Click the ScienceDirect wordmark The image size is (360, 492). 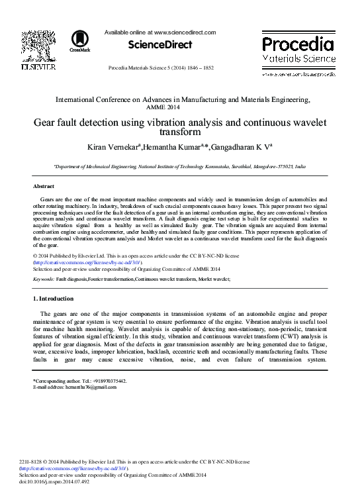pos(160,45)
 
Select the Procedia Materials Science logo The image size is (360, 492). pos(298,50)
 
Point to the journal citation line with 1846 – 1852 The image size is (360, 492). pos(161,68)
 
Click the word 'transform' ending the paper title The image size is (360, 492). pos(182,131)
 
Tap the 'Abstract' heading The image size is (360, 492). pos(44,187)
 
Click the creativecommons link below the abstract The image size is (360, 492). pos(87,262)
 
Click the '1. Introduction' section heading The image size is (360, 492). pos(58,299)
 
